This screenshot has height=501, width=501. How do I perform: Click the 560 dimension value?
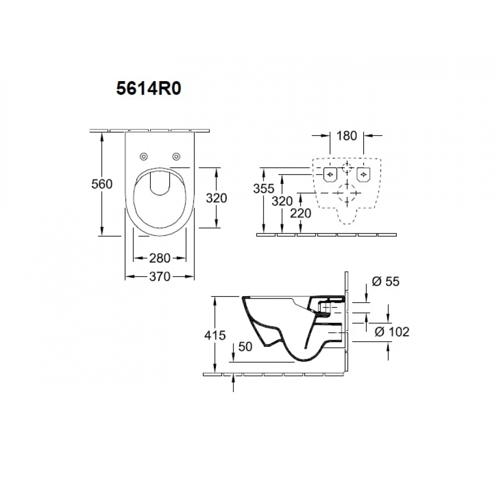(102, 184)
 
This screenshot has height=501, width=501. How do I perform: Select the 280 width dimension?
(160, 258)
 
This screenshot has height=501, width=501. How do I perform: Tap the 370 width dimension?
(160, 277)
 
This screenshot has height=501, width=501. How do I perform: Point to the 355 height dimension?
(264, 188)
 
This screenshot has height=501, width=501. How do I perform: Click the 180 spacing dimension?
(347, 136)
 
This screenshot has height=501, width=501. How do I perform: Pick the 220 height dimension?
(301, 213)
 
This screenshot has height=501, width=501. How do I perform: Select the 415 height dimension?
(215, 335)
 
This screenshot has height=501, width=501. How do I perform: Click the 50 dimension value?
(245, 347)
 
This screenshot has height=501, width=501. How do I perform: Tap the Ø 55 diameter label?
(386, 282)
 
